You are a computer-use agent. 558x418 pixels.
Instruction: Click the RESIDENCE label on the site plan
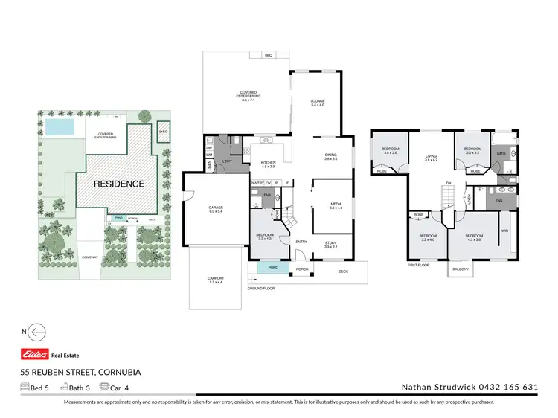(x=118, y=182)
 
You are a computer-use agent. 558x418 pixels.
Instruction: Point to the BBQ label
(x=269, y=55)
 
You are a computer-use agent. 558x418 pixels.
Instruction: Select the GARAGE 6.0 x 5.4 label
(x=217, y=209)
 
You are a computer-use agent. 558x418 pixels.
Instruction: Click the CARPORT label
(x=215, y=280)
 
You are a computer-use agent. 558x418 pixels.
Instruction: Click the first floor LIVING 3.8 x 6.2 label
(x=431, y=158)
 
